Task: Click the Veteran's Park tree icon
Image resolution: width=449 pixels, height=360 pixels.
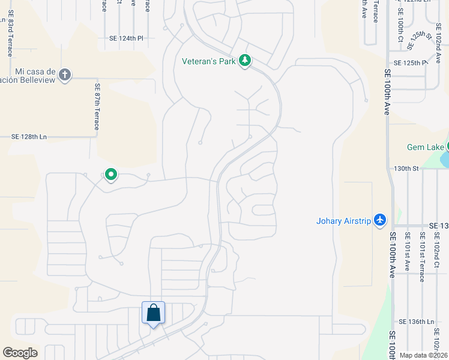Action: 244,61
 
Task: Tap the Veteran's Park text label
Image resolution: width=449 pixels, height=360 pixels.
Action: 208,61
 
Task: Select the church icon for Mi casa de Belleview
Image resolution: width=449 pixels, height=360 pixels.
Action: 65,75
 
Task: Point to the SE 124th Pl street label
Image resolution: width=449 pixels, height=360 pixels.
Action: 127,38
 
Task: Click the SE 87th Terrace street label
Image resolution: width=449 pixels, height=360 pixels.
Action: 96,107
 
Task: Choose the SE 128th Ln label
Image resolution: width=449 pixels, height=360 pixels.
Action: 29,137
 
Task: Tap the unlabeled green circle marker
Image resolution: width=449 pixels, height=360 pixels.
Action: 110,175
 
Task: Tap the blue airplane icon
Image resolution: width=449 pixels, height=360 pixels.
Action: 379,220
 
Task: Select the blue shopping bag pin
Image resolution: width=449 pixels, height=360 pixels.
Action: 153,313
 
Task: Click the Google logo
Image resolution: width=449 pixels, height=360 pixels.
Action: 20,353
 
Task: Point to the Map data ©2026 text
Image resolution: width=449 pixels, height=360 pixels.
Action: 423,355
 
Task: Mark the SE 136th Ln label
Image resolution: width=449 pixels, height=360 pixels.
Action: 416,322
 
